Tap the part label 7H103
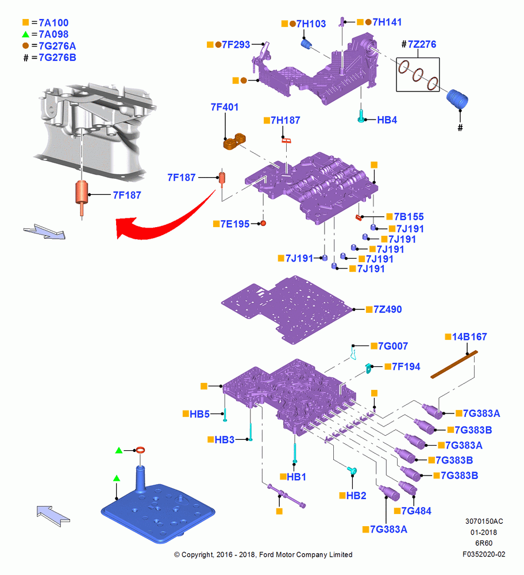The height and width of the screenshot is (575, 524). point(311,24)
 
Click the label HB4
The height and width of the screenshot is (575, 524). point(387,120)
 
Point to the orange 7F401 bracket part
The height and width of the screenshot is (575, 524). point(234,141)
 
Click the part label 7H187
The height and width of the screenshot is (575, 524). point(286,120)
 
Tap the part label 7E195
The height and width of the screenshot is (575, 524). point(235,224)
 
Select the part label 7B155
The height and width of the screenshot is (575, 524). point(409,217)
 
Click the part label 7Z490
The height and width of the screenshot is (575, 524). point(388,309)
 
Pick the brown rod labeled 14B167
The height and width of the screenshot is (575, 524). point(454,365)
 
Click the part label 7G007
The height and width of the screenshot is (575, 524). point(393,346)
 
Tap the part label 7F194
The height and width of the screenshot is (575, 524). point(406,367)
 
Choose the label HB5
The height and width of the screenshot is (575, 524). point(200,414)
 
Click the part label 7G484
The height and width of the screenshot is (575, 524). point(416,511)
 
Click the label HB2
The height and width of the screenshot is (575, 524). point(356,496)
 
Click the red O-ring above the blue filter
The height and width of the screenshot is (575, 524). point(140,450)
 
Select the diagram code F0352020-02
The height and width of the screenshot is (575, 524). point(484,554)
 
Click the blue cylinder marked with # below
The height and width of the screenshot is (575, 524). point(457,99)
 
